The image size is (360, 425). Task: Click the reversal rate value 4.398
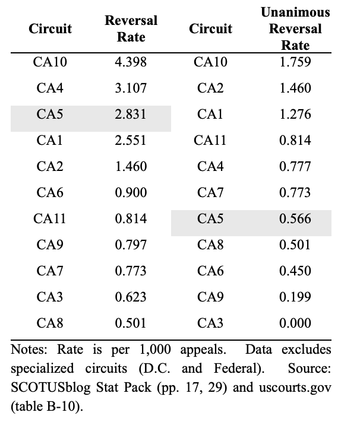131,62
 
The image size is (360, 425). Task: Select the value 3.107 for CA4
131,88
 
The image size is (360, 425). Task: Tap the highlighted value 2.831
131,114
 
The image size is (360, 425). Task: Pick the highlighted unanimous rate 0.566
295,218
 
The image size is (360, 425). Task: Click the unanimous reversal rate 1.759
295,62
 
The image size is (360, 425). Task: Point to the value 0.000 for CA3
295,323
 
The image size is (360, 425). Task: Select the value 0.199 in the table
295,297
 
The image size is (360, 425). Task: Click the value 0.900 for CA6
131,192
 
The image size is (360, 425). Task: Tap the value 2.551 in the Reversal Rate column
131,140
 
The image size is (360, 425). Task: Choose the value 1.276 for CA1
295,114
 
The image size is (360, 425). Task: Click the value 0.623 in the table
131,297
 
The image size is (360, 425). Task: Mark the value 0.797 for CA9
131,245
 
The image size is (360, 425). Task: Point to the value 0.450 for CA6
295,271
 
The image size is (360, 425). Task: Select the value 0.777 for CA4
295,166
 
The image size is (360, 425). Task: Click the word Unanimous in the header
295,12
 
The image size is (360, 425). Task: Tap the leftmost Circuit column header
50,28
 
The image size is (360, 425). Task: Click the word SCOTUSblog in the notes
50,388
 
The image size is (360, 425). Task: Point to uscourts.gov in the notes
295,388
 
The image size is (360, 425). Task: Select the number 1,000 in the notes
155,350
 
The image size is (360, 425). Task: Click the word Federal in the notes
239,369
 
